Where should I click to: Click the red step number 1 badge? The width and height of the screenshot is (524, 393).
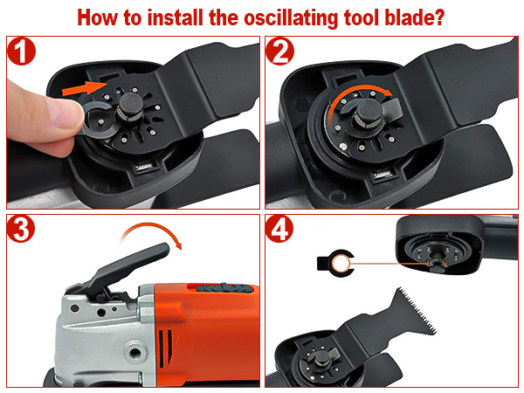coord(22,55)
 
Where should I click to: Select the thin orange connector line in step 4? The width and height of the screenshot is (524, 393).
coord(393,262)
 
